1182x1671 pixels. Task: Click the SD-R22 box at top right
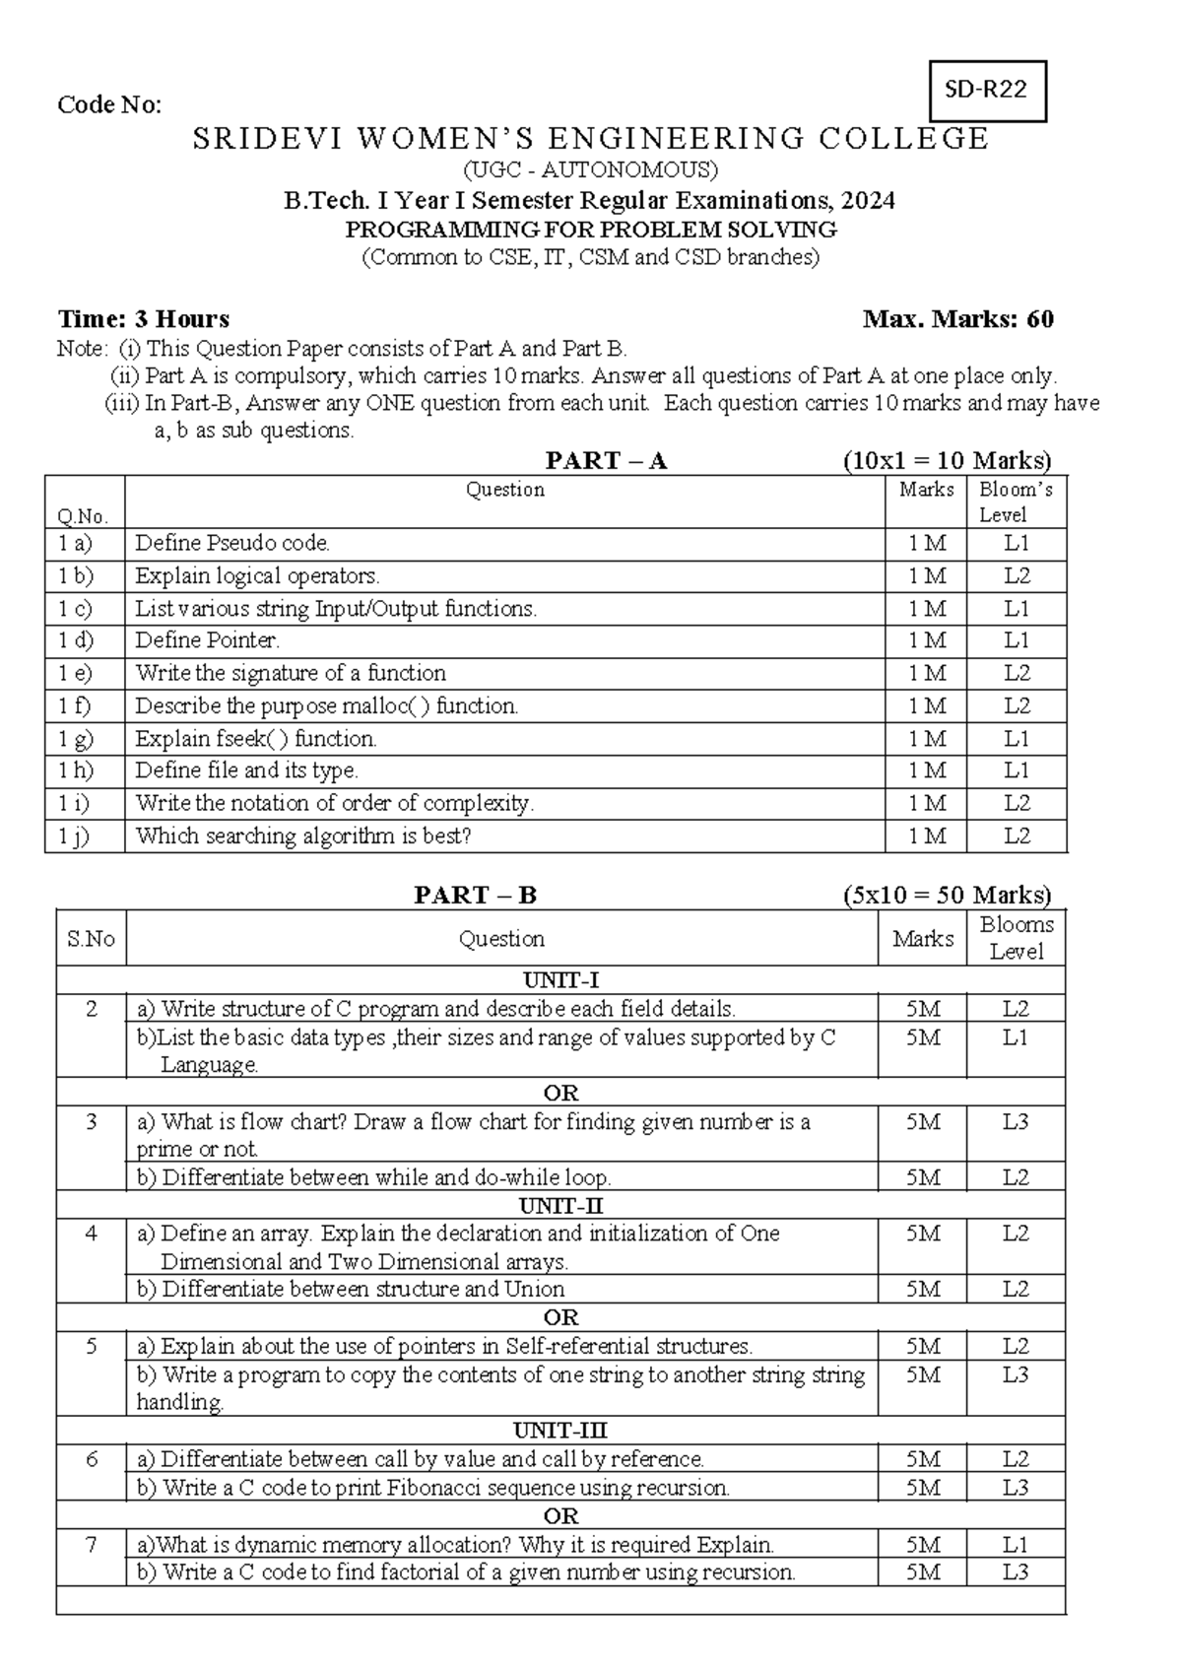(987, 91)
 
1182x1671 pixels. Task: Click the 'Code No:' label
(109, 105)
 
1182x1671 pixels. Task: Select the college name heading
(590, 139)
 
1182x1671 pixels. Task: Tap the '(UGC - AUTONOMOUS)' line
(590, 169)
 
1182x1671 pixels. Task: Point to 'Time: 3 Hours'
(144, 319)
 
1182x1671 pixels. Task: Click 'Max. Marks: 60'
(957, 319)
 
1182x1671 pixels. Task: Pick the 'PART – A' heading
(606, 461)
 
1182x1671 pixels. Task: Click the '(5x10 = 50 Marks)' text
(947, 895)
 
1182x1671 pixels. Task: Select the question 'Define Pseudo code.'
(232, 543)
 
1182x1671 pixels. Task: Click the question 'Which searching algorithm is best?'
(303, 836)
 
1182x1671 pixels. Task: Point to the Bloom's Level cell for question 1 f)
(1017, 706)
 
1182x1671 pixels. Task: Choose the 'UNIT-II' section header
(560, 1206)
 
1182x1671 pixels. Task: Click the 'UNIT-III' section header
(560, 1431)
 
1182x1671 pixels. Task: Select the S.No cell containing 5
(92, 1346)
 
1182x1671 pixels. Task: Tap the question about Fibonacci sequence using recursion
(433, 1488)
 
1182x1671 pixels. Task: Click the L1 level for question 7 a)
(1016, 1545)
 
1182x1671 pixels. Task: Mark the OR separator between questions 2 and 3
(560, 1093)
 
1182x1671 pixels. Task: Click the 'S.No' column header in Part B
(91, 939)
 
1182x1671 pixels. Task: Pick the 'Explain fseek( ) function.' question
(256, 739)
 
